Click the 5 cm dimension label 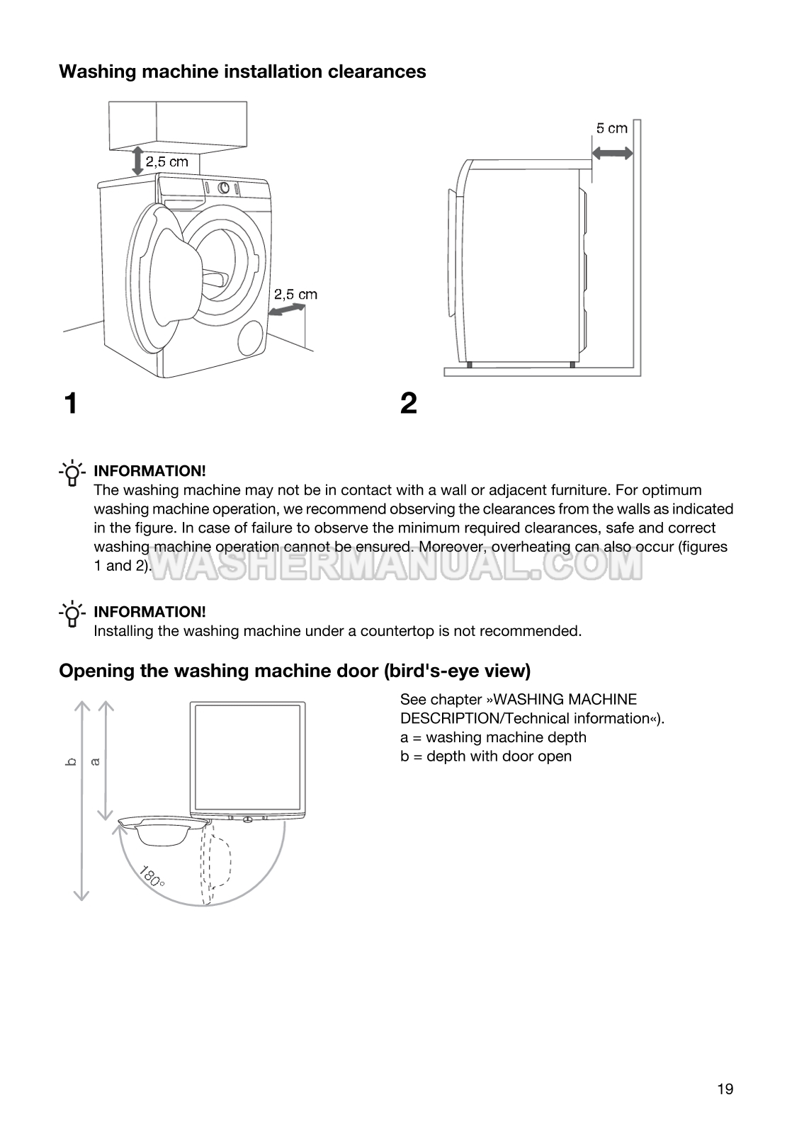(x=611, y=128)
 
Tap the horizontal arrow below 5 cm (x=612, y=152)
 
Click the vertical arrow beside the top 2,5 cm (x=137, y=161)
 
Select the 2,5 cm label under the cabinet (x=167, y=161)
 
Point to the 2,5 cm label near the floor (x=295, y=294)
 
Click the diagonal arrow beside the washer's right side (x=288, y=310)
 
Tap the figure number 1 (x=69, y=404)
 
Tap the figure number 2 (x=409, y=404)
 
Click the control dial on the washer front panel (x=223, y=188)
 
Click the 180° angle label (x=152, y=876)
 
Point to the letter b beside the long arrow (x=69, y=762)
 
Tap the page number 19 (x=725, y=1089)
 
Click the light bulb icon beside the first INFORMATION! (x=72, y=474)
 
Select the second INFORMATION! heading (x=149, y=612)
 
